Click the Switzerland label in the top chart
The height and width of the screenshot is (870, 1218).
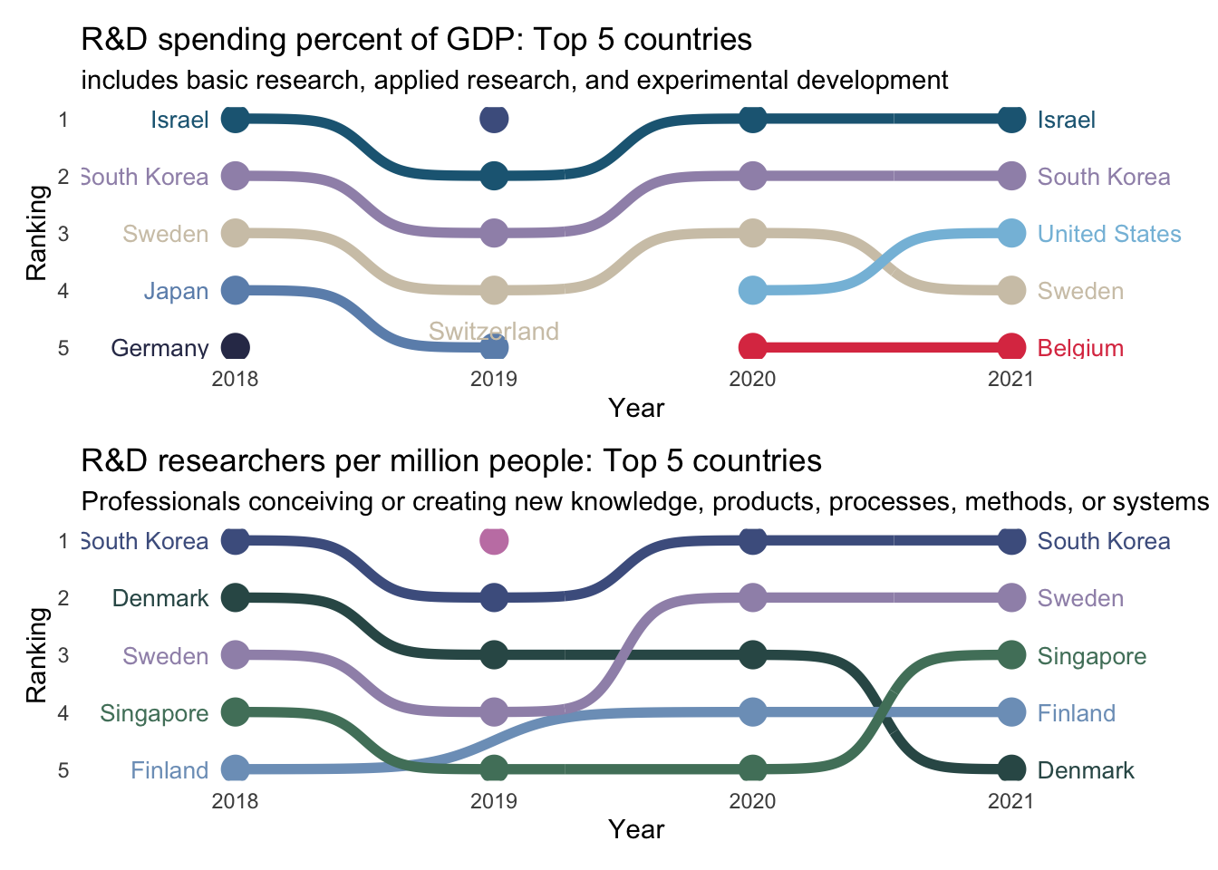[x=493, y=332]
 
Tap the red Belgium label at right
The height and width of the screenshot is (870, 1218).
[x=1080, y=348]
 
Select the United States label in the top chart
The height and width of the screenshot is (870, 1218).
[x=1109, y=234]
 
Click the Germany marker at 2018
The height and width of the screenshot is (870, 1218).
[x=235, y=348]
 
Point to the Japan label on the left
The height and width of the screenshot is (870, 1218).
[x=176, y=291]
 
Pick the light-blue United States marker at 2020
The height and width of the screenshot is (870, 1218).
[x=752, y=291]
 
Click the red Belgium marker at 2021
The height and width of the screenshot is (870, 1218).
[x=1011, y=348]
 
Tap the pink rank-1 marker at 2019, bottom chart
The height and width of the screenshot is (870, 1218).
[x=494, y=541]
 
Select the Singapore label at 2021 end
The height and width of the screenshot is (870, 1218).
[x=1091, y=656]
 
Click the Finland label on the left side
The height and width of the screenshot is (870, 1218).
[x=169, y=770]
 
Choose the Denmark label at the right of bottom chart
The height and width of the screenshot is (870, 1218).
[x=1086, y=770]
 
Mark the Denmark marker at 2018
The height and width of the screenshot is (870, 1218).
[x=235, y=598]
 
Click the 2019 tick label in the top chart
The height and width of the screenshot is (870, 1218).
[x=494, y=379]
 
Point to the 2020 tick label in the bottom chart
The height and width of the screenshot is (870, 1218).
[x=752, y=801]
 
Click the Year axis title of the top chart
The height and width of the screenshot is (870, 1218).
[x=636, y=408]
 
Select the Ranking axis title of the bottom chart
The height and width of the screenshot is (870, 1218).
[x=36, y=655]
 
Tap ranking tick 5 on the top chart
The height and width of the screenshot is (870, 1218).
[x=63, y=348]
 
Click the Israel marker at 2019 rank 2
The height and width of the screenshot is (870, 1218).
[x=494, y=176]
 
